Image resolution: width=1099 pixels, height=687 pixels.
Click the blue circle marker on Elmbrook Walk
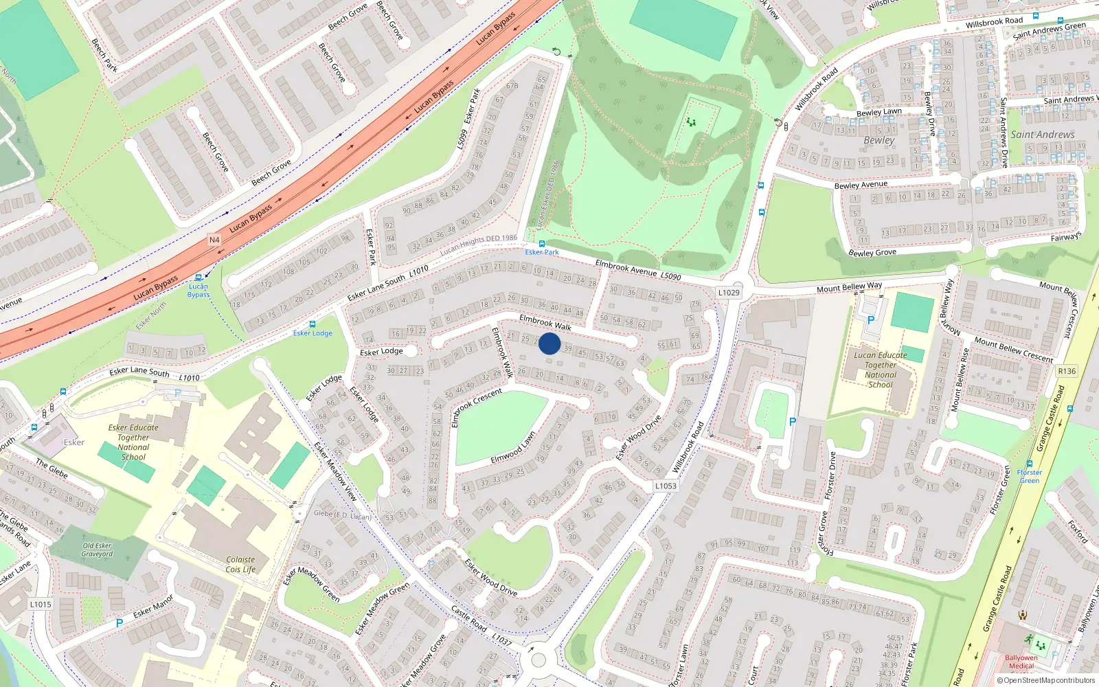pos(549,343)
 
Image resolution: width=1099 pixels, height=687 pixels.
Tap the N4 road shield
pos(214,240)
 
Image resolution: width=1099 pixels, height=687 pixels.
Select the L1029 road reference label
pos(728,293)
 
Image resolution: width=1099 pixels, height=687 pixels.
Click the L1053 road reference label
pos(665,486)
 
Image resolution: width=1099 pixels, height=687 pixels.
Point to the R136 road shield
pos(1067,371)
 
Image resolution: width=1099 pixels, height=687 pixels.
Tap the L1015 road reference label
pos(41,605)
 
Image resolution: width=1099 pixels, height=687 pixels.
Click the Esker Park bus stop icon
pos(542,244)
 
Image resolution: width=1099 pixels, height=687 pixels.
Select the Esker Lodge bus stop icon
pos(313,324)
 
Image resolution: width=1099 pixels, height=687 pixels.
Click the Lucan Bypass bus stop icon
pos(199,278)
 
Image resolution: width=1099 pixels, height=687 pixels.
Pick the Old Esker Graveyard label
pos(97,550)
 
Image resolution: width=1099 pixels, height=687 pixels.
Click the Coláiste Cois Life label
pos(240,565)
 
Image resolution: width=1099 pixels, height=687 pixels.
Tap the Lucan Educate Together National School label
pos(880,370)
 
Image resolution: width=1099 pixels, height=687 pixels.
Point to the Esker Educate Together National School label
pos(133,442)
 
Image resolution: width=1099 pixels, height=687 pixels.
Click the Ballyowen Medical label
pos(1021,662)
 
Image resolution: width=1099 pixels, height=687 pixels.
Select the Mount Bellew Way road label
pos(849,287)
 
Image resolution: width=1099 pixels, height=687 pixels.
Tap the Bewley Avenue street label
pos(861,185)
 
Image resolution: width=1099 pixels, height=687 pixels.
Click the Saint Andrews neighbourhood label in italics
pos(1042,135)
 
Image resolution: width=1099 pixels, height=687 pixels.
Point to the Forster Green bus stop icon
pos(1029,464)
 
